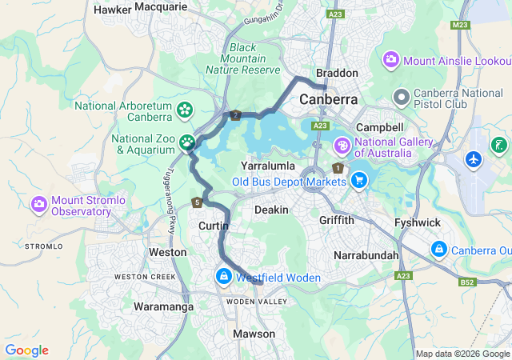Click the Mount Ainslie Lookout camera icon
tap(391, 59)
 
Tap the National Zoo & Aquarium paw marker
tap(187, 143)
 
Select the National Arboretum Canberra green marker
tap(185, 109)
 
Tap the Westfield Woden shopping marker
tap(223, 277)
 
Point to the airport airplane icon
tap(475, 158)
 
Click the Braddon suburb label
tap(337, 73)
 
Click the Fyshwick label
tap(418, 222)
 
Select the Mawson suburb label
tap(254, 334)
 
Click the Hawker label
tap(112, 10)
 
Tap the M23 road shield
tap(459, 26)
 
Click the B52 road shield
tap(467, 282)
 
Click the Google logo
tap(26, 350)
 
